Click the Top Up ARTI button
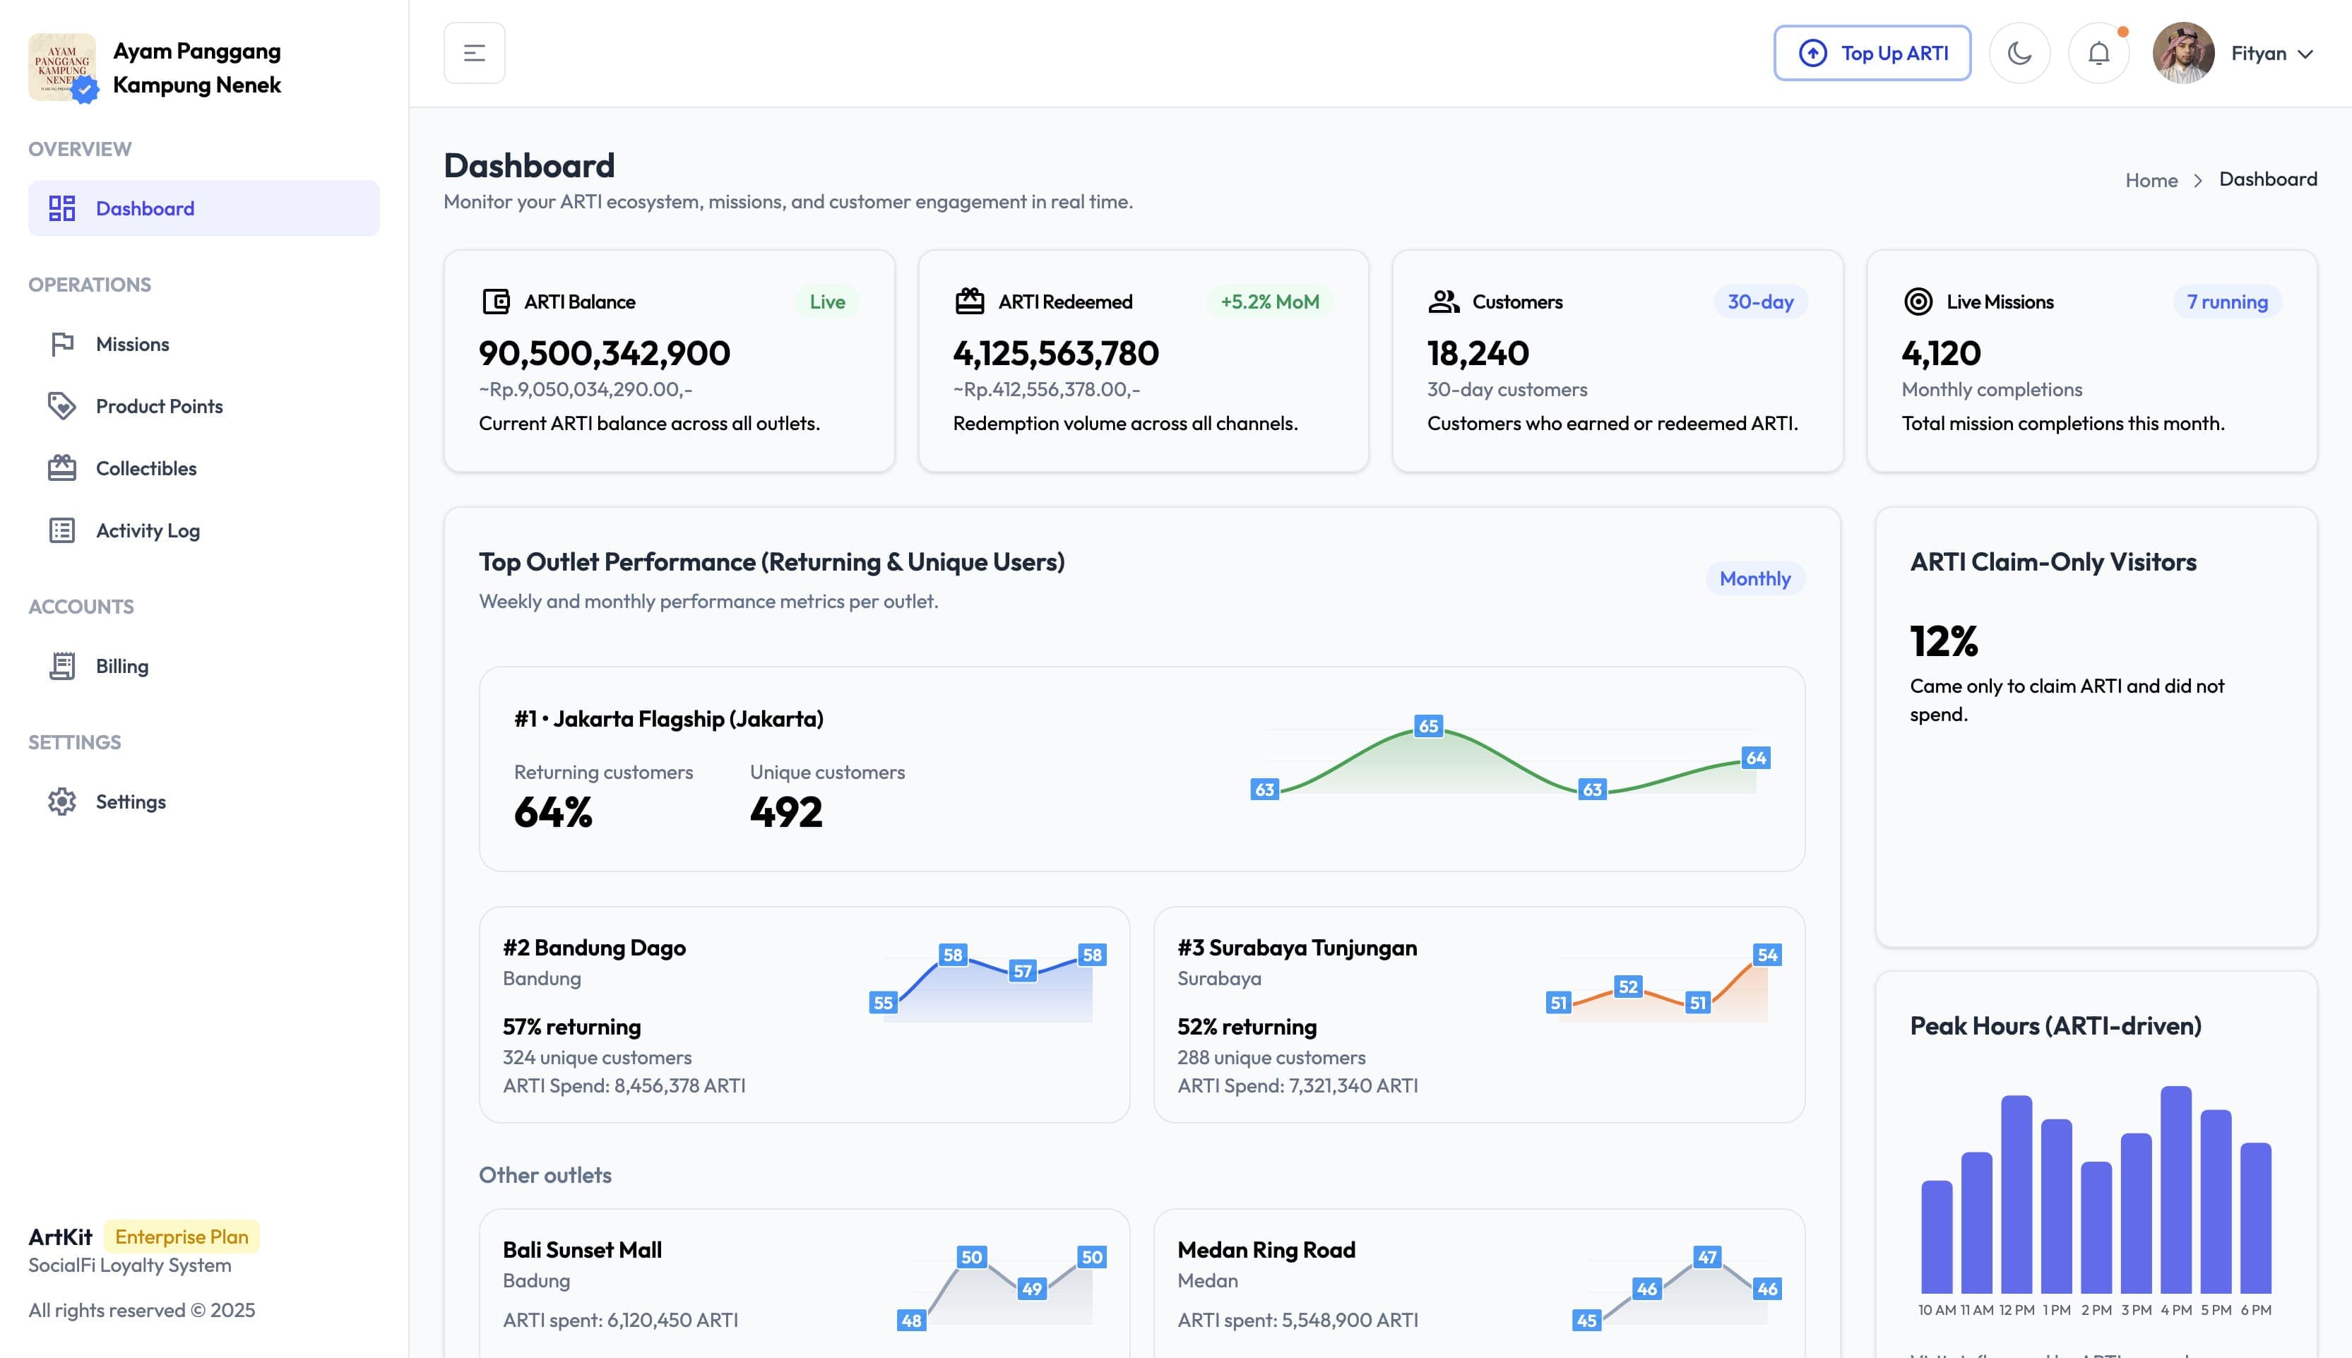pyautogui.click(x=1872, y=53)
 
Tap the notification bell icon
pyautogui.click(x=2098, y=53)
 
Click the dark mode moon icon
pyautogui.click(x=2019, y=53)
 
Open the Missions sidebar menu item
pyautogui.click(x=132, y=344)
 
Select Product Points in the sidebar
pyautogui.click(x=158, y=407)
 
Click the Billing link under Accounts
pyautogui.click(x=121, y=666)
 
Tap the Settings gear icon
pyautogui.click(x=62, y=802)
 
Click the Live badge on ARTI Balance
pyautogui.click(x=827, y=302)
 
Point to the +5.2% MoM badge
pyautogui.click(x=1269, y=302)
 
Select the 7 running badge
pyautogui.click(x=2227, y=302)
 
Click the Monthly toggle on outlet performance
pyautogui.click(x=1754, y=578)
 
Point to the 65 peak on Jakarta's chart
pyautogui.click(x=1428, y=726)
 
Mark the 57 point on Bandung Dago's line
pyautogui.click(x=1023, y=971)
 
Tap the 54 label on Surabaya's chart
pyautogui.click(x=1766, y=955)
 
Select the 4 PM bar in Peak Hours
pyautogui.click(x=2175, y=1189)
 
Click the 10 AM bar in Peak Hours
pyautogui.click(x=1936, y=1236)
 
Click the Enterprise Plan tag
pyautogui.click(x=182, y=1237)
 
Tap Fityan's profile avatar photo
pyautogui.click(x=2183, y=53)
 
